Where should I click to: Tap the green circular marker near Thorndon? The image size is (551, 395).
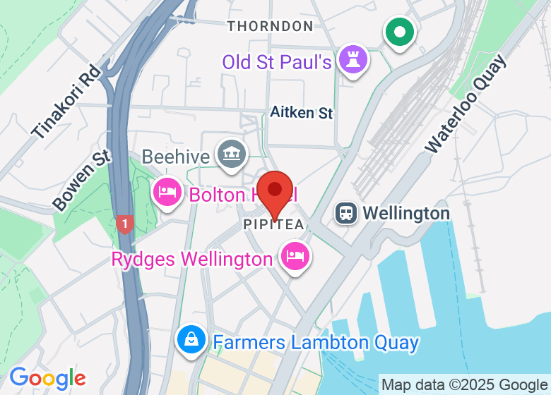[400, 32]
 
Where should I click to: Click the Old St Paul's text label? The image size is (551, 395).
[277, 62]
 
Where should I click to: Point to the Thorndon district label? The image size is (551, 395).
[270, 26]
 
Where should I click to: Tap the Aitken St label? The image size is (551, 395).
[302, 112]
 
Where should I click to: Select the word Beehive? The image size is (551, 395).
[177, 156]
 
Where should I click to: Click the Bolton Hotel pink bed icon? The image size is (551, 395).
[167, 192]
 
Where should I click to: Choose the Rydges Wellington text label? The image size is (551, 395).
[192, 260]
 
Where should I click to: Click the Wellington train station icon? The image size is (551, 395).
[346, 212]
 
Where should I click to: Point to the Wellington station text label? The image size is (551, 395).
[405, 213]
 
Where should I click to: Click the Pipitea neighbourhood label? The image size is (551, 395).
[273, 225]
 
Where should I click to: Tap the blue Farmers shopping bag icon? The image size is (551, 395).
[191, 341]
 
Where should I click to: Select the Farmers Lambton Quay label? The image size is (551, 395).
[316, 344]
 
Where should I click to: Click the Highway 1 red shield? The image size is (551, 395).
[124, 225]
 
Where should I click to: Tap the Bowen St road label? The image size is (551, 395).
[83, 180]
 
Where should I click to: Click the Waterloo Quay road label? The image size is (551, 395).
[466, 105]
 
